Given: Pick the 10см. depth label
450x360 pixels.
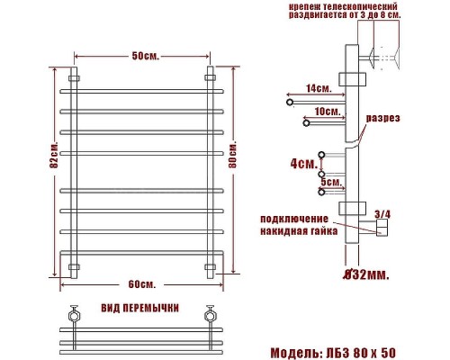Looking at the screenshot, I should tap(328, 112).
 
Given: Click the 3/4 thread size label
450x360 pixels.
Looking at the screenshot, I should tap(382, 212).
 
